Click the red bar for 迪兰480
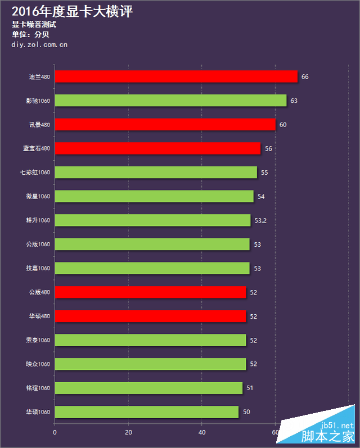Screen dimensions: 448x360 pos(175,76)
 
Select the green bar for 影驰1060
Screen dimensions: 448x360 pos(170,101)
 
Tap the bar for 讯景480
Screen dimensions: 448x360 pos(165,124)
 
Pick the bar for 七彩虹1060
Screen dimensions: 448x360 pos(156,173)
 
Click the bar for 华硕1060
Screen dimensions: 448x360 pos(146,412)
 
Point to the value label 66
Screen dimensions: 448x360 pos(305,76)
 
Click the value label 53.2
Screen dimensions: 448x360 pos(260,220)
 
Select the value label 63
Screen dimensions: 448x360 pos(294,101)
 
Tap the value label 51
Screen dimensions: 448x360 pos(250,388)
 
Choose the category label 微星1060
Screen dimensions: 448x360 pos(38,196)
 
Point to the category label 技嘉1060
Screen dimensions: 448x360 pos(38,268)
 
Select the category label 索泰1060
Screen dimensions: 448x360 pos(38,340)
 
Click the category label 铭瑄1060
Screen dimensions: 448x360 pos(38,388)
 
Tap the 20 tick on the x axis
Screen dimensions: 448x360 pos(128,432)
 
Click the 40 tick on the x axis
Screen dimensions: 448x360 pos(201,432)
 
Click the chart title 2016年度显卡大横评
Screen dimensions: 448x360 pos(72,11)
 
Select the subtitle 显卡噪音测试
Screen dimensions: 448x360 pos(34,25)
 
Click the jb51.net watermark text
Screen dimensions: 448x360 pos(337,426)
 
